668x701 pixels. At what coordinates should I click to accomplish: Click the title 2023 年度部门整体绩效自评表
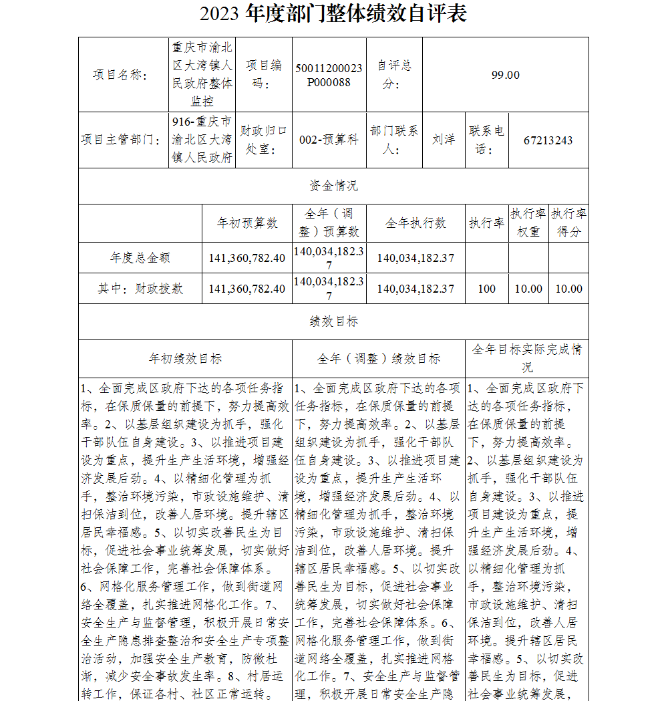[333, 14]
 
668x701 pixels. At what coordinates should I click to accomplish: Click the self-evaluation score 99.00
[505, 75]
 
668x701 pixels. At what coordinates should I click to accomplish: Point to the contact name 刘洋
[444, 140]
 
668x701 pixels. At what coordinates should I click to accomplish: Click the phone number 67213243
[548, 140]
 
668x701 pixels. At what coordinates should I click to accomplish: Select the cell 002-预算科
[329, 140]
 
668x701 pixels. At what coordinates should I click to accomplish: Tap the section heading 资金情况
[333, 186]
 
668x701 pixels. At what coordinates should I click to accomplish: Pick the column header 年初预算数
[247, 223]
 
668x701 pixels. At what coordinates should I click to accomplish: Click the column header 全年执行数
[415, 223]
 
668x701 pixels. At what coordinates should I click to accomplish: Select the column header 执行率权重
[528, 223]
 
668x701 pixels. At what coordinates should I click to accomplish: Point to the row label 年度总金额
[140, 257]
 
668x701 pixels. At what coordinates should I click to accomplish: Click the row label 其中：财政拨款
[140, 289]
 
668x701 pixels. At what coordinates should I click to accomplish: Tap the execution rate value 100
[487, 289]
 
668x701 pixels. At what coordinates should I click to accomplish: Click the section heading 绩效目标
[333, 321]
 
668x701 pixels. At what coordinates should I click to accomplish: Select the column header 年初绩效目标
[185, 359]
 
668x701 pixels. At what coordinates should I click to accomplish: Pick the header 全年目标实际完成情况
[527, 358]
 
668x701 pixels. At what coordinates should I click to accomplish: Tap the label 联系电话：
[487, 140]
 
